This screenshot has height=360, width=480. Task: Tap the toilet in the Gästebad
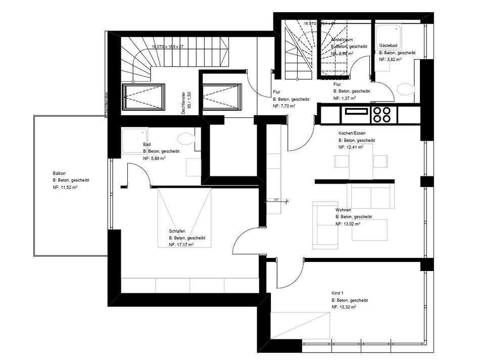pyautogui.click(x=406, y=90)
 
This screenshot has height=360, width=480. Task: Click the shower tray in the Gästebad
pyautogui.click(x=388, y=36)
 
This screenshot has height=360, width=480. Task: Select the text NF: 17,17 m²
pyautogui.click(x=181, y=244)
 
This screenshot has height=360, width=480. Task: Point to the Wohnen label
pyautogui.click(x=343, y=210)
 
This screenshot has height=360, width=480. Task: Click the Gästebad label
pyautogui.click(x=387, y=46)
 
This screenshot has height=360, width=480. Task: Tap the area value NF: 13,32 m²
pyautogui.click(x=344, y=307)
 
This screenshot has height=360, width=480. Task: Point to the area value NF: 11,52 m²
pyautogui.click(x=65, y=187)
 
